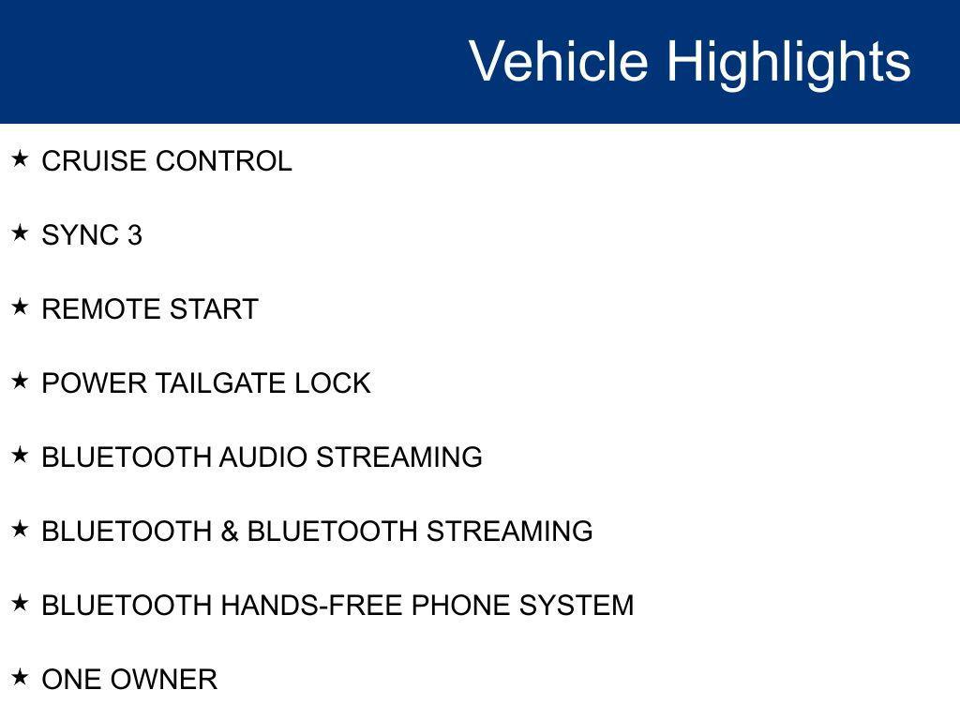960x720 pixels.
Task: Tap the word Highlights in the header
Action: (x=788, y=62)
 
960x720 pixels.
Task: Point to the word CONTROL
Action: (x=224, y=161)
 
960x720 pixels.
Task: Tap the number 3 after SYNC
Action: (x=135, y=235)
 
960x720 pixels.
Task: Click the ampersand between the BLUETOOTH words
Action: (x=230, y=532)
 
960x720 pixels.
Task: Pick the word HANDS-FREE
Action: (x=312, y=606)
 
